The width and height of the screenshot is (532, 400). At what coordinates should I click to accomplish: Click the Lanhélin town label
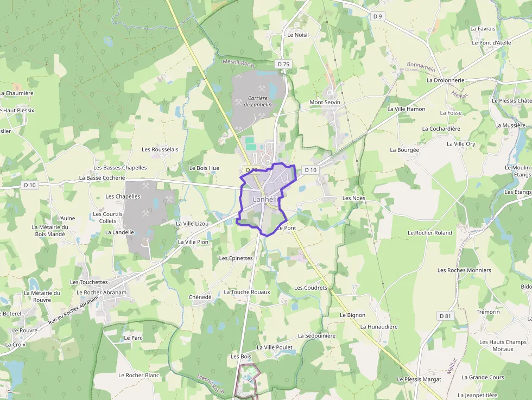(265, 200)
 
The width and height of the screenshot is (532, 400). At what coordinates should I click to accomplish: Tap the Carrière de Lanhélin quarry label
(258, 101)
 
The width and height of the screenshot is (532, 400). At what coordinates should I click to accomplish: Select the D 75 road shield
(283, 64)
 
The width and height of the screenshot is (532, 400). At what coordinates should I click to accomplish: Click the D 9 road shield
(378, 16)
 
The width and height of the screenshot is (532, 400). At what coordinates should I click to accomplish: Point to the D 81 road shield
(445, 316)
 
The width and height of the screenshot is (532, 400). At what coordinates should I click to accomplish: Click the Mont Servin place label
(325, 102)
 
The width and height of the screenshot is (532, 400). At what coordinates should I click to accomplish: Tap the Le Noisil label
(297, 35)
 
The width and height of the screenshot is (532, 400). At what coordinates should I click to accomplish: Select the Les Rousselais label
(160, 149)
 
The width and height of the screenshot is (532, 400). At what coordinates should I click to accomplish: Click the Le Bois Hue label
(204, 168)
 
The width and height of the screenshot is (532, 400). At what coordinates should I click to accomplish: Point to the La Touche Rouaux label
(247, 292)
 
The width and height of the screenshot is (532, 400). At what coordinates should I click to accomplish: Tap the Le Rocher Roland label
(430, 233)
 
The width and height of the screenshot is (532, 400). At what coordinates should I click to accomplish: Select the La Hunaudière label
(379, 327)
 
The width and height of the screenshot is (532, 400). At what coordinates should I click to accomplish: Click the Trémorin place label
(487, 312)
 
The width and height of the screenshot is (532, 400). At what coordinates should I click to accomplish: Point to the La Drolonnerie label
(445, 80)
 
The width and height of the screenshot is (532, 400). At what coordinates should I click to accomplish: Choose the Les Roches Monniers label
(464, 270)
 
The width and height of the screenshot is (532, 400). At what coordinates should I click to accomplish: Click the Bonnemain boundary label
(421, 67)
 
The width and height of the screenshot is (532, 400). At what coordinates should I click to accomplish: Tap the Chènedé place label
(200, 297)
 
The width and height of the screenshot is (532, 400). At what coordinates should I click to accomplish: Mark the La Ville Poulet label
(274, 347)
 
